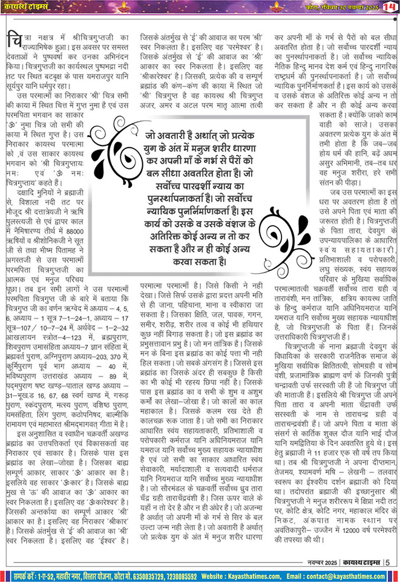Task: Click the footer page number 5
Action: [387, 560]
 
